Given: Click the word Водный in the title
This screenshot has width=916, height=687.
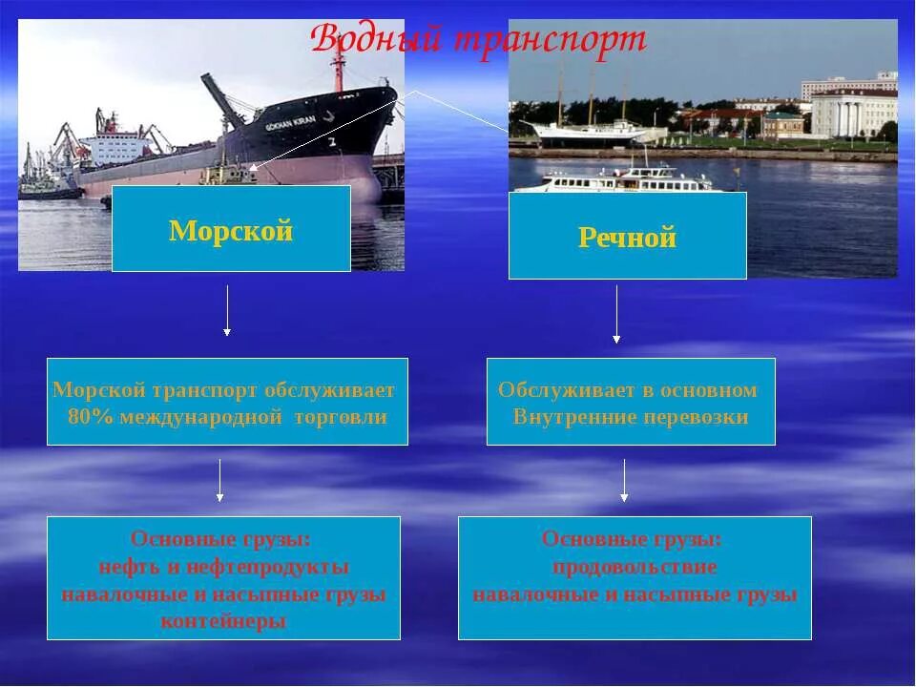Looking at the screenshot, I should (x=377, y=40).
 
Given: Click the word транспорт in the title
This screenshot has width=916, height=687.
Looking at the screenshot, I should (x=550, y=40).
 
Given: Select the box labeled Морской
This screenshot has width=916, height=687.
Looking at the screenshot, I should (x=231, y=229).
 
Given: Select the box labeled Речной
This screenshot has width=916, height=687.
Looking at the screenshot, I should (x=627, y=236).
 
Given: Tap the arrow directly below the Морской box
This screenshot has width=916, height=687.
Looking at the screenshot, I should (x=227, y=310).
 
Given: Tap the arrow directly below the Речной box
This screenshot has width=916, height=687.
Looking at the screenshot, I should (x=616, y=315).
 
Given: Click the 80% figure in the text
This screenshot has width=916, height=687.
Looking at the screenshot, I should (x=89, y=417).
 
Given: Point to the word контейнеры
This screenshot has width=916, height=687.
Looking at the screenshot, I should (x=223, y=621).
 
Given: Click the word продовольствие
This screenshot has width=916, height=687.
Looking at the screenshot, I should (x=635, y=567).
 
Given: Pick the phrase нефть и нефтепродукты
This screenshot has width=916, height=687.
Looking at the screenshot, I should (x=224, y=567).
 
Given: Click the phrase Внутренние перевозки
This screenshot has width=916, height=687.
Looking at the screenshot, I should (x=631, y=417).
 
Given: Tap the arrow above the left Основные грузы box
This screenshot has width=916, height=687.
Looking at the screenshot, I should (x=220, y=480).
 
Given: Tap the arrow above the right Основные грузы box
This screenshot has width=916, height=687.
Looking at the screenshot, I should (x=625, y=480).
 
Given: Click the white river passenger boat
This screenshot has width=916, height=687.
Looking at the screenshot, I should (x=625, y=180).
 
